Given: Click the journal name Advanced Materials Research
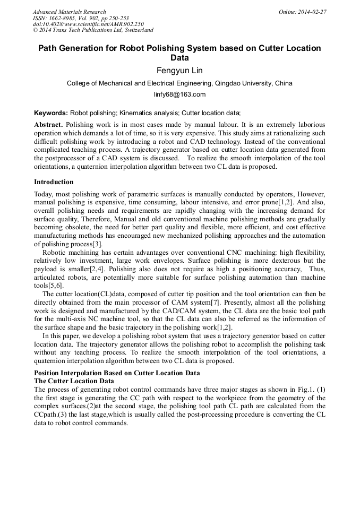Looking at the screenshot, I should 69,12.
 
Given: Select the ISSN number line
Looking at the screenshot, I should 81,18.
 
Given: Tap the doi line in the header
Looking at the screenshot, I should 88,24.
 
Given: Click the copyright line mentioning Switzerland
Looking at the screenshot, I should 93,30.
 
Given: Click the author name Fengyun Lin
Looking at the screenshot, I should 179,71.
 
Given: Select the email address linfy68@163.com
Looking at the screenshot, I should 179,94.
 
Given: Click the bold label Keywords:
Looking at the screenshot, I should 51,113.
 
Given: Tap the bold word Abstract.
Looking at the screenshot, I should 48,124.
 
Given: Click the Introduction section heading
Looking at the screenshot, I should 54,182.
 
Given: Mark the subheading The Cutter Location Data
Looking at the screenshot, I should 74,381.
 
